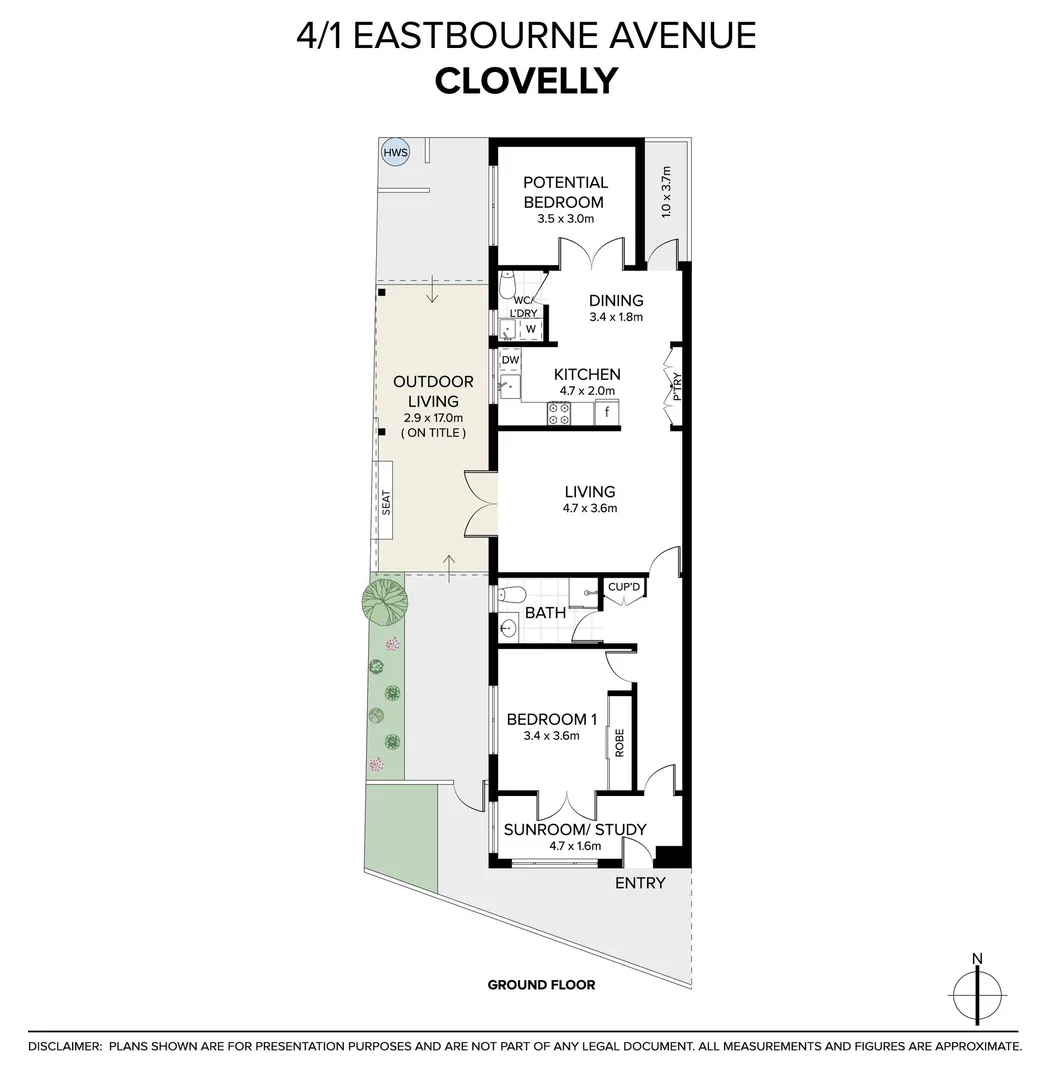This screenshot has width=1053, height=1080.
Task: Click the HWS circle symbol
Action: click(x=396, y=152)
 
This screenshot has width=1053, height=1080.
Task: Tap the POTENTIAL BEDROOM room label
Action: click(x=565, y=192)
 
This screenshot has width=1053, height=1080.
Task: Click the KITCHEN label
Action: click(x=587, y=374)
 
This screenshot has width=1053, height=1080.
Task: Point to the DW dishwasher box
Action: click(x=510, y=359)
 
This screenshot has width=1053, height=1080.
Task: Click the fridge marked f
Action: click(x=606, y=412)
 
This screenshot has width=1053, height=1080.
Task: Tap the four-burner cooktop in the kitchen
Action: click(x=558, y=413)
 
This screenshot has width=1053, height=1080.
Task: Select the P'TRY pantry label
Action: click(x=676, y=386)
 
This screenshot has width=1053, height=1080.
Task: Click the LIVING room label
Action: click(x=590, y=491)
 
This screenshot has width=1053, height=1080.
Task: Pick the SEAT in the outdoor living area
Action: click(x=386, y=502)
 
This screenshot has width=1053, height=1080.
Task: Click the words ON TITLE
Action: click(x=433, y=433)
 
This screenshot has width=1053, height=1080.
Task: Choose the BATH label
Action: click(x=545, y=612)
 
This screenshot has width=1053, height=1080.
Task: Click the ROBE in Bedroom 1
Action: click(x=619, y=742)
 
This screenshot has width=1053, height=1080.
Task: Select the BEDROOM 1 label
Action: click(x=552, y=719)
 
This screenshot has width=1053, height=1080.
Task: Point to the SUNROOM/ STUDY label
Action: click(x=575, y=829)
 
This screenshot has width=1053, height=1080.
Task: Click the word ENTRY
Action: click(x=640, y=883)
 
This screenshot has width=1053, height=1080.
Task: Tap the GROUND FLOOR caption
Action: click(x=541, y=985)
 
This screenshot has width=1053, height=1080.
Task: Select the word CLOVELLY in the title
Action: click(x=526, y=80)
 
